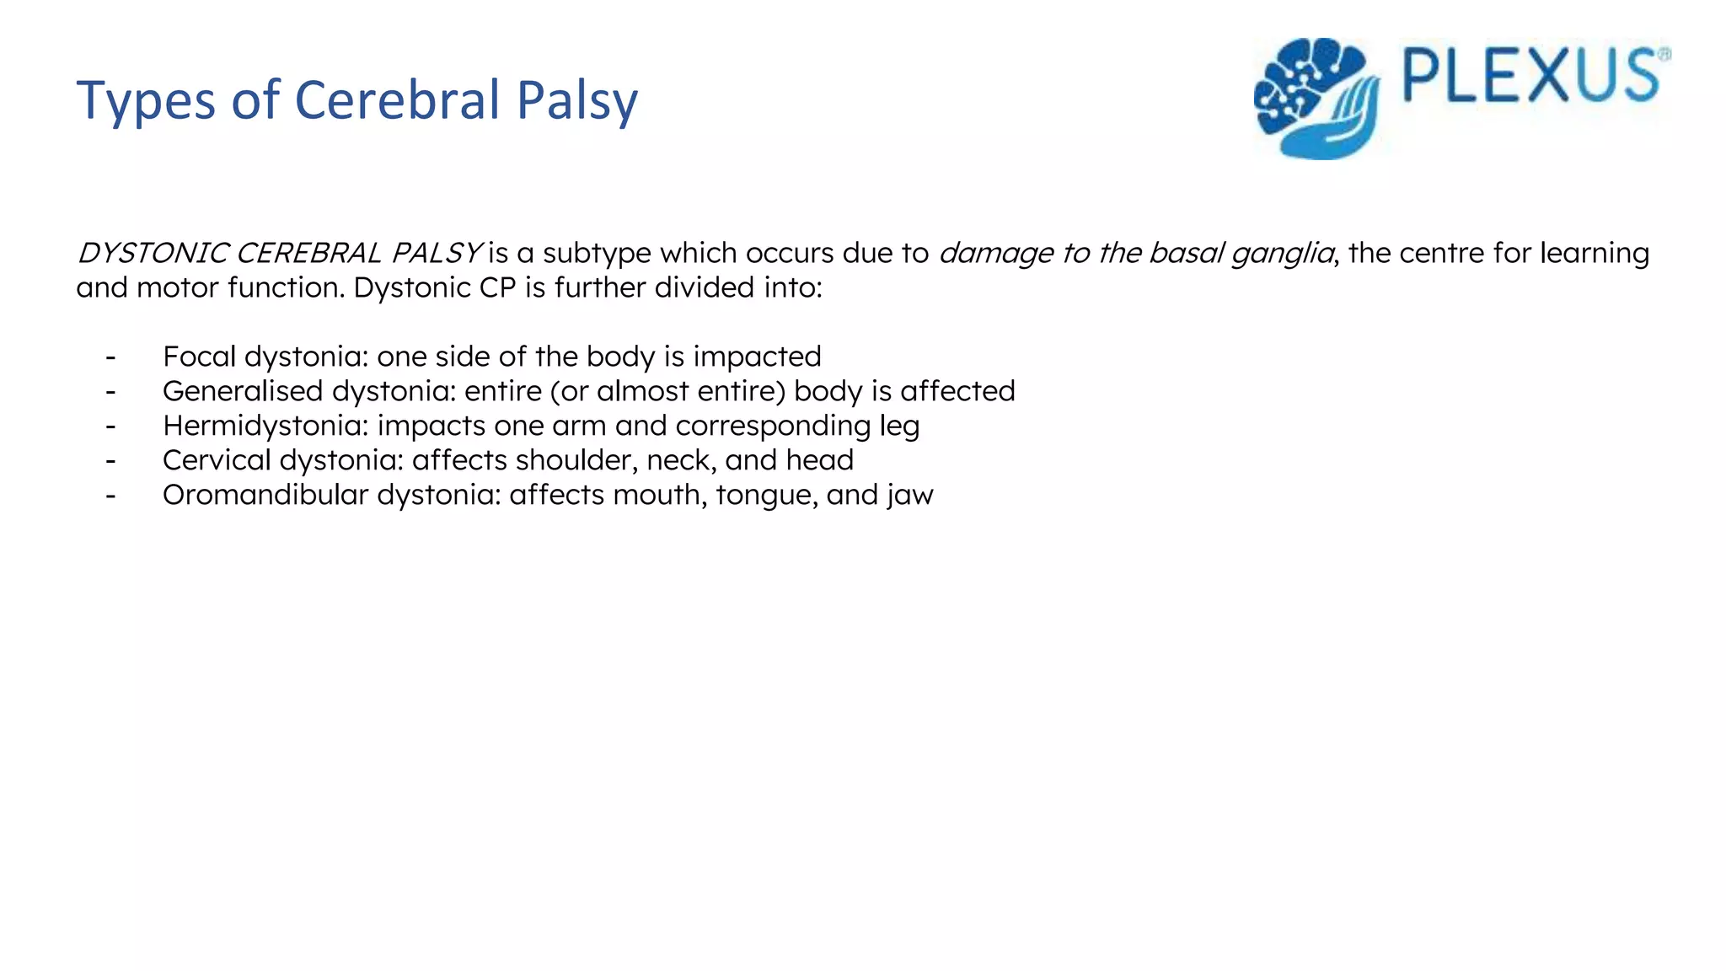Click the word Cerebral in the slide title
pyautogui.click(x=398, y=100)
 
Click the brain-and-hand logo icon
pyautogui.click(x=1317, y=98)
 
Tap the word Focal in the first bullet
pyautogui.click(x=199, y=357)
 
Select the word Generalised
pyautogui.click(x=243, y=391)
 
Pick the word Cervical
pyautogui.click(x=217, y=460)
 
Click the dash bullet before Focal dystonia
pyautogui.click(x=110, y=357)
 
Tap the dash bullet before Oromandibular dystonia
pyautogui.click(x=110, y=496)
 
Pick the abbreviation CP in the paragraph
pyautogui.click(x=497, y=288)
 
